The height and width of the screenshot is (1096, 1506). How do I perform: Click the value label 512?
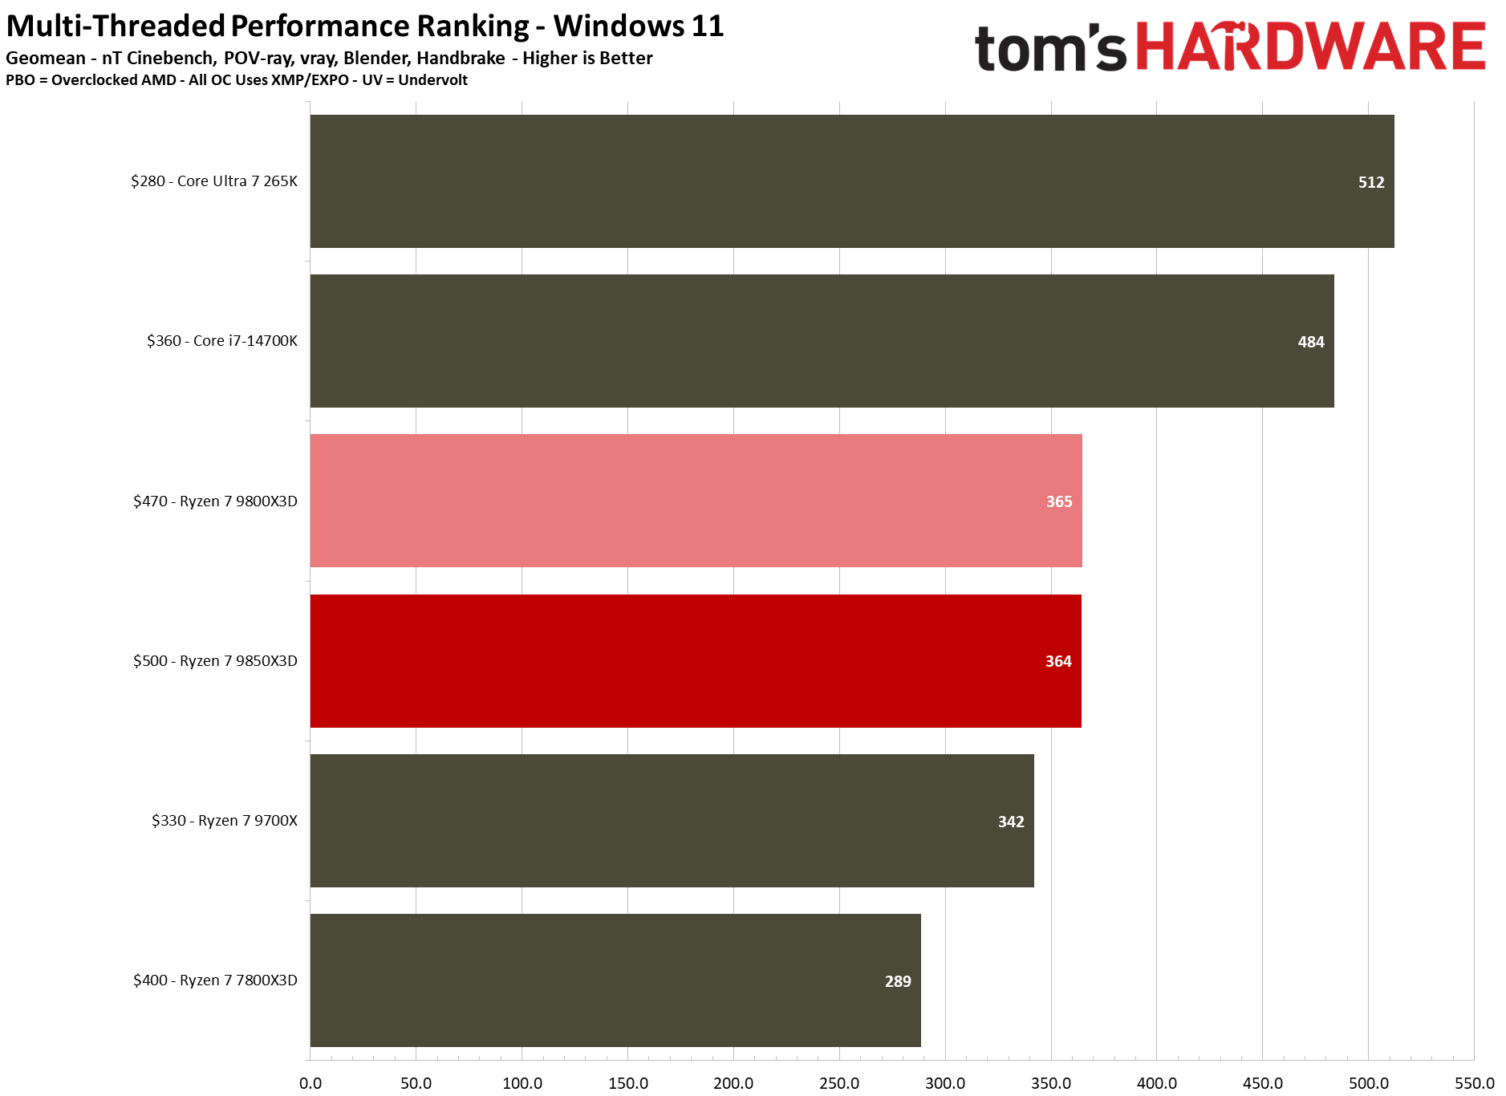point(1371,182)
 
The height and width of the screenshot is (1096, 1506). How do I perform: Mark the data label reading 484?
point(1311,342)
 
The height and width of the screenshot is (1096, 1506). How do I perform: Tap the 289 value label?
point(898,981)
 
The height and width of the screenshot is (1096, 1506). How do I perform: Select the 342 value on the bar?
point(1011,822)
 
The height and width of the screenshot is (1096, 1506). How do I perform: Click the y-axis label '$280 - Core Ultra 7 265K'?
point(214,181)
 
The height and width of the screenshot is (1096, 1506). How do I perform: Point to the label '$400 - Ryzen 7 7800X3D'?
point(215,980)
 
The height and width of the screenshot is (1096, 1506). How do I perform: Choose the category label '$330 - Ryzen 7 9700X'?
point(225,821)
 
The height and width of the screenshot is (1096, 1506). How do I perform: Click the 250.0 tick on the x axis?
point(839,1083)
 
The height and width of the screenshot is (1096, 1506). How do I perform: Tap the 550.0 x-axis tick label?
point(1474,1083)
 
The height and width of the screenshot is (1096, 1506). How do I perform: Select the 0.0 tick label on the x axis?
point(311,1083)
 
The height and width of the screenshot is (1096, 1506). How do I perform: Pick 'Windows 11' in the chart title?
point(639,26)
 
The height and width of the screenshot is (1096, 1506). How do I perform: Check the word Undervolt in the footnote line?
point(432,80)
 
